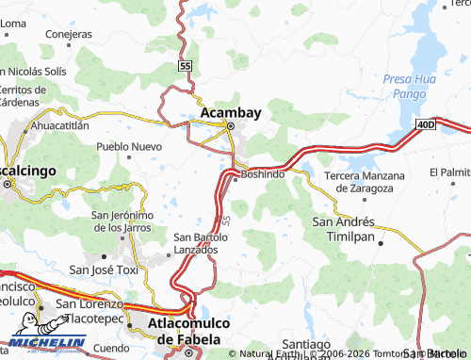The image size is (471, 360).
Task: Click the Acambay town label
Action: [x=231, y=113]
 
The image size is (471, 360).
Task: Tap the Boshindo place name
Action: [x=263, y=174]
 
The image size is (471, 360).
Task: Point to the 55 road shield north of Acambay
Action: [x=185, y=66]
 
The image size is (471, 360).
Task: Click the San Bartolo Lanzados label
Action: [x=199, y=242]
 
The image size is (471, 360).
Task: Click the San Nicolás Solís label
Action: [x=32, y=72]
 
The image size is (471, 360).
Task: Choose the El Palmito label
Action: [x=450, y=172]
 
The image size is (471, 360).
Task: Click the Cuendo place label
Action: [x=111, y=348]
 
